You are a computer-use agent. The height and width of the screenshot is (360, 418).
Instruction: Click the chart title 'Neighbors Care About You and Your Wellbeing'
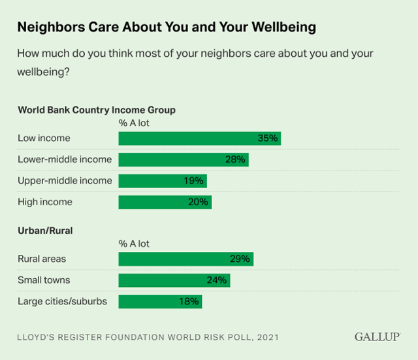(167, 27)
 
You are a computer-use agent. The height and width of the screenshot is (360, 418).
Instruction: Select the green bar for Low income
(199, 139)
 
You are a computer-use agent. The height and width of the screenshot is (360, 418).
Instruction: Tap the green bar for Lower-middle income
(183, 159)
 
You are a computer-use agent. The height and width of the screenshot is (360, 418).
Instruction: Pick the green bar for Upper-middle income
(162, 181)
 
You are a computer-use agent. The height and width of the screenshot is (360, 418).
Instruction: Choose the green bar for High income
(165, 202)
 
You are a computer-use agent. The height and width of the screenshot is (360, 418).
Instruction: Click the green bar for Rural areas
(185, 259)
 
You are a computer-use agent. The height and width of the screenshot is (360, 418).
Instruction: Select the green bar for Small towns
(174, 280)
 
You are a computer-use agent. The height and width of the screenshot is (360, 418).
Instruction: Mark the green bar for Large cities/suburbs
(160, 301)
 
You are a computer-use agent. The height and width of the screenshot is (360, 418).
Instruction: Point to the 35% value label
(268, 139)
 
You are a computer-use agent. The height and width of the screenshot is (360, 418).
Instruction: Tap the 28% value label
(236, 159)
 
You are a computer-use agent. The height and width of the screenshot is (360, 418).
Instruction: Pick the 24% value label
(217, 280)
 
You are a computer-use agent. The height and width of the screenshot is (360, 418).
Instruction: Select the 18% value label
(189, 301)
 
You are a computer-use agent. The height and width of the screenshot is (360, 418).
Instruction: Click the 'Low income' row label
(44, 139)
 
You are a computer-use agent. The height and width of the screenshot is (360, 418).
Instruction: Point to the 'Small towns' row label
(44, 280)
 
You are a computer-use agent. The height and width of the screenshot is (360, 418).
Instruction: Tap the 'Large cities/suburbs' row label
(62, 301)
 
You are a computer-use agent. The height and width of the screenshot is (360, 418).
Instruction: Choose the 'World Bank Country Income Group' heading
(97, 110)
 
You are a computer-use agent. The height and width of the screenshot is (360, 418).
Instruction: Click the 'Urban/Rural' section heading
(45, 231)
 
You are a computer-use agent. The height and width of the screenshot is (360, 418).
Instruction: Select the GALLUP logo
(378, 337)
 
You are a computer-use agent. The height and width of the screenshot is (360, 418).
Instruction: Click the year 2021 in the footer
(268, 338)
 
